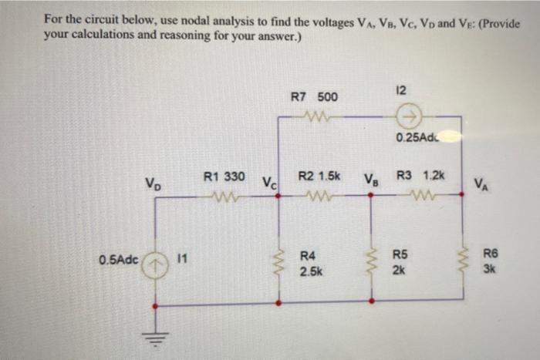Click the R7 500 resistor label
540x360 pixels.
pos(313,98)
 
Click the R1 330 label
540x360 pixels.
pos(224,177)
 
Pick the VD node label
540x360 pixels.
pos(153,184)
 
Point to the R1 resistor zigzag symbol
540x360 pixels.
pos(224,195)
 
